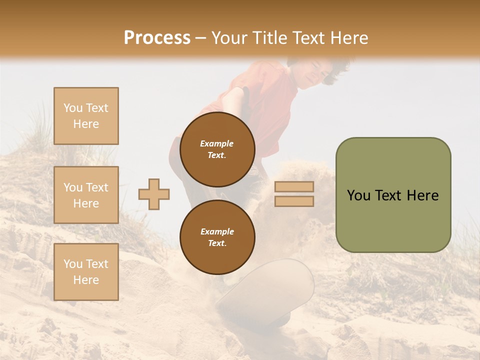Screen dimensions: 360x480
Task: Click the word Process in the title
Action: click(157, 38)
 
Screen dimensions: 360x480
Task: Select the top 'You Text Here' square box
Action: click(86, 116)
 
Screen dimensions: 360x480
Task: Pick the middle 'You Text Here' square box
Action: click(86, 195)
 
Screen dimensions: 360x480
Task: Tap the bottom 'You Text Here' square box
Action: click(86, 272)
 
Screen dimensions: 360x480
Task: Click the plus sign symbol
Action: click(154, 194)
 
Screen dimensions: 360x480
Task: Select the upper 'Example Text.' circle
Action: click(217, 149)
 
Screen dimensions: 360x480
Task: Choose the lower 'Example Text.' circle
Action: click(217, 237)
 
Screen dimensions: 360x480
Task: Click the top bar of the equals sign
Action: click(294, 186)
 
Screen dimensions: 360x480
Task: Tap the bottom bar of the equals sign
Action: click(294, 201)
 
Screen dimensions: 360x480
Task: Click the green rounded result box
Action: click(393, 195)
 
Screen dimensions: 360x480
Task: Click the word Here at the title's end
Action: click(348, 38)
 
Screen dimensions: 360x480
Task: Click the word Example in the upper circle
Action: click(217, 143)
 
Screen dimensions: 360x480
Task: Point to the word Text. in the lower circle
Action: click(217, 243)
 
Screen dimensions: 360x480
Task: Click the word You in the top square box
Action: click(73, 108)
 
